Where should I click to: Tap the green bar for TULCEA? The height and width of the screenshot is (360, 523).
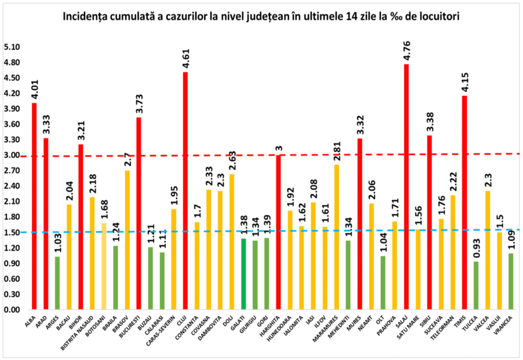pyautogui.click(x=476, y=285)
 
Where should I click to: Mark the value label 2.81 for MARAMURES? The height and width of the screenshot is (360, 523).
pyautogui.click(x=337, y=152)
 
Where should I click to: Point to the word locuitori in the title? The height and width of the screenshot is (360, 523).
pyautogui.click(x=439, y=16)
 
